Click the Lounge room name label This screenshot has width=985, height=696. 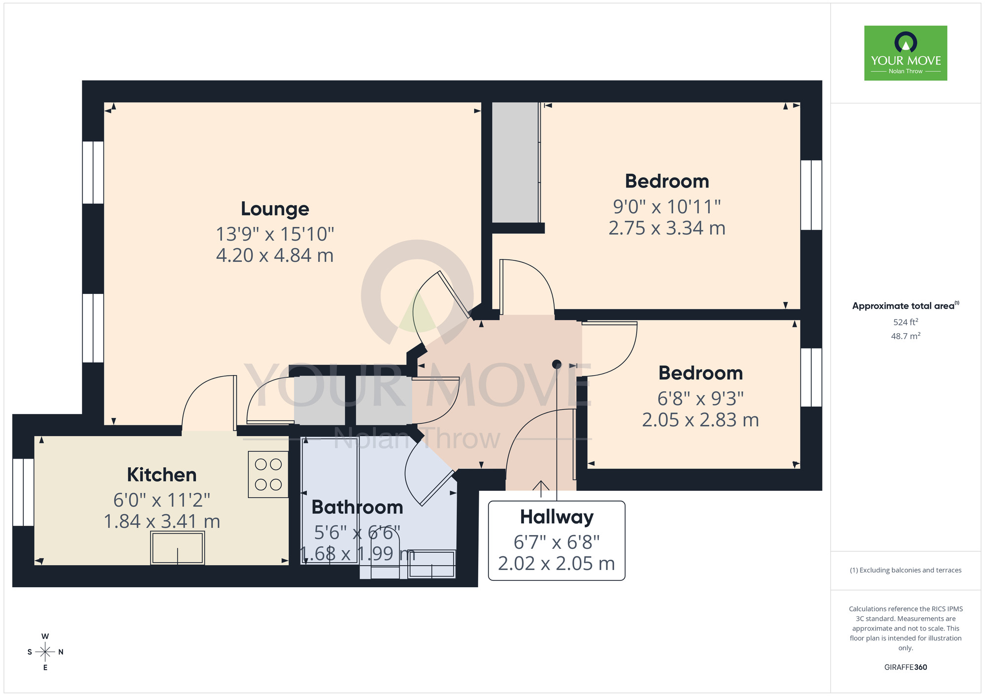coord(275,209)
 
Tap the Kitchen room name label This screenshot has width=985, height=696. coord(162,475)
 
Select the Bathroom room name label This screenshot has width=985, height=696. coord(357,507)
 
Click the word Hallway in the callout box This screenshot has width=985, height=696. coord(557,517)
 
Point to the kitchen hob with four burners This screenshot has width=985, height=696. coord(268,475)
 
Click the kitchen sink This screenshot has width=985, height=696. coord(177,548)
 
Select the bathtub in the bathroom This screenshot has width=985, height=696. coord(329,500)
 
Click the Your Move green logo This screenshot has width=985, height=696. coord(905,53)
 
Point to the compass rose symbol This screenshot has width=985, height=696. coord(45,652)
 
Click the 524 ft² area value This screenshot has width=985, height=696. coord(905,322)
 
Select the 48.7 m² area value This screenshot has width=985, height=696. coord(905,336)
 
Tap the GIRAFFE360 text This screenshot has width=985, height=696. coord(905,667)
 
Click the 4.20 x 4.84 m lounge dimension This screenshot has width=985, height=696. coord(275,255)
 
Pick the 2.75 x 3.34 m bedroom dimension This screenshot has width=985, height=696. coord(667,228)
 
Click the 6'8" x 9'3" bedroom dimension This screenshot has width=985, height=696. coord(700,398)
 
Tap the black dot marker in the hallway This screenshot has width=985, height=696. coord(557,364)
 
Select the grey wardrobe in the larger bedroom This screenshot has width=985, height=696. coord(516,162)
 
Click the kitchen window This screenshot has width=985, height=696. coord(23,492)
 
